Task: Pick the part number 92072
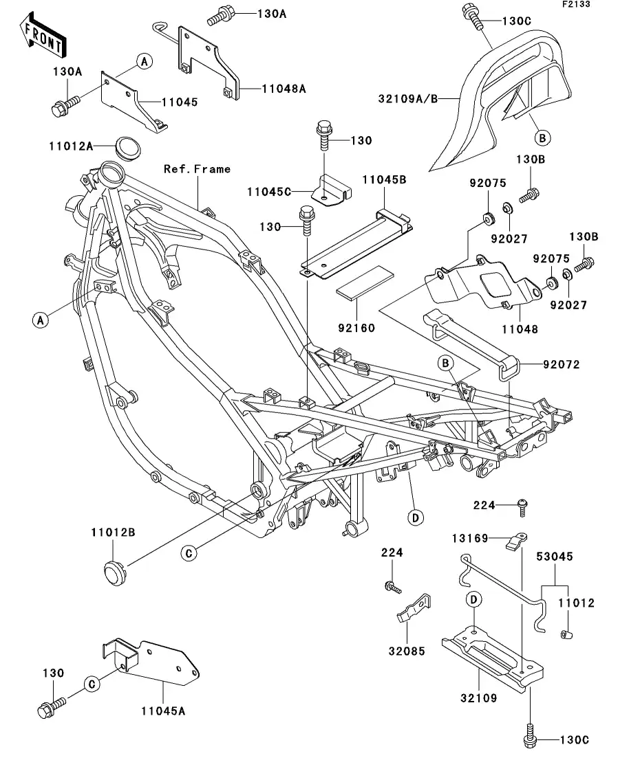click(x=562, y=365)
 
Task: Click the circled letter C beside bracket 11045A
click(x=90, y=683)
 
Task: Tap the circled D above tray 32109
click(x=474, y=599)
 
